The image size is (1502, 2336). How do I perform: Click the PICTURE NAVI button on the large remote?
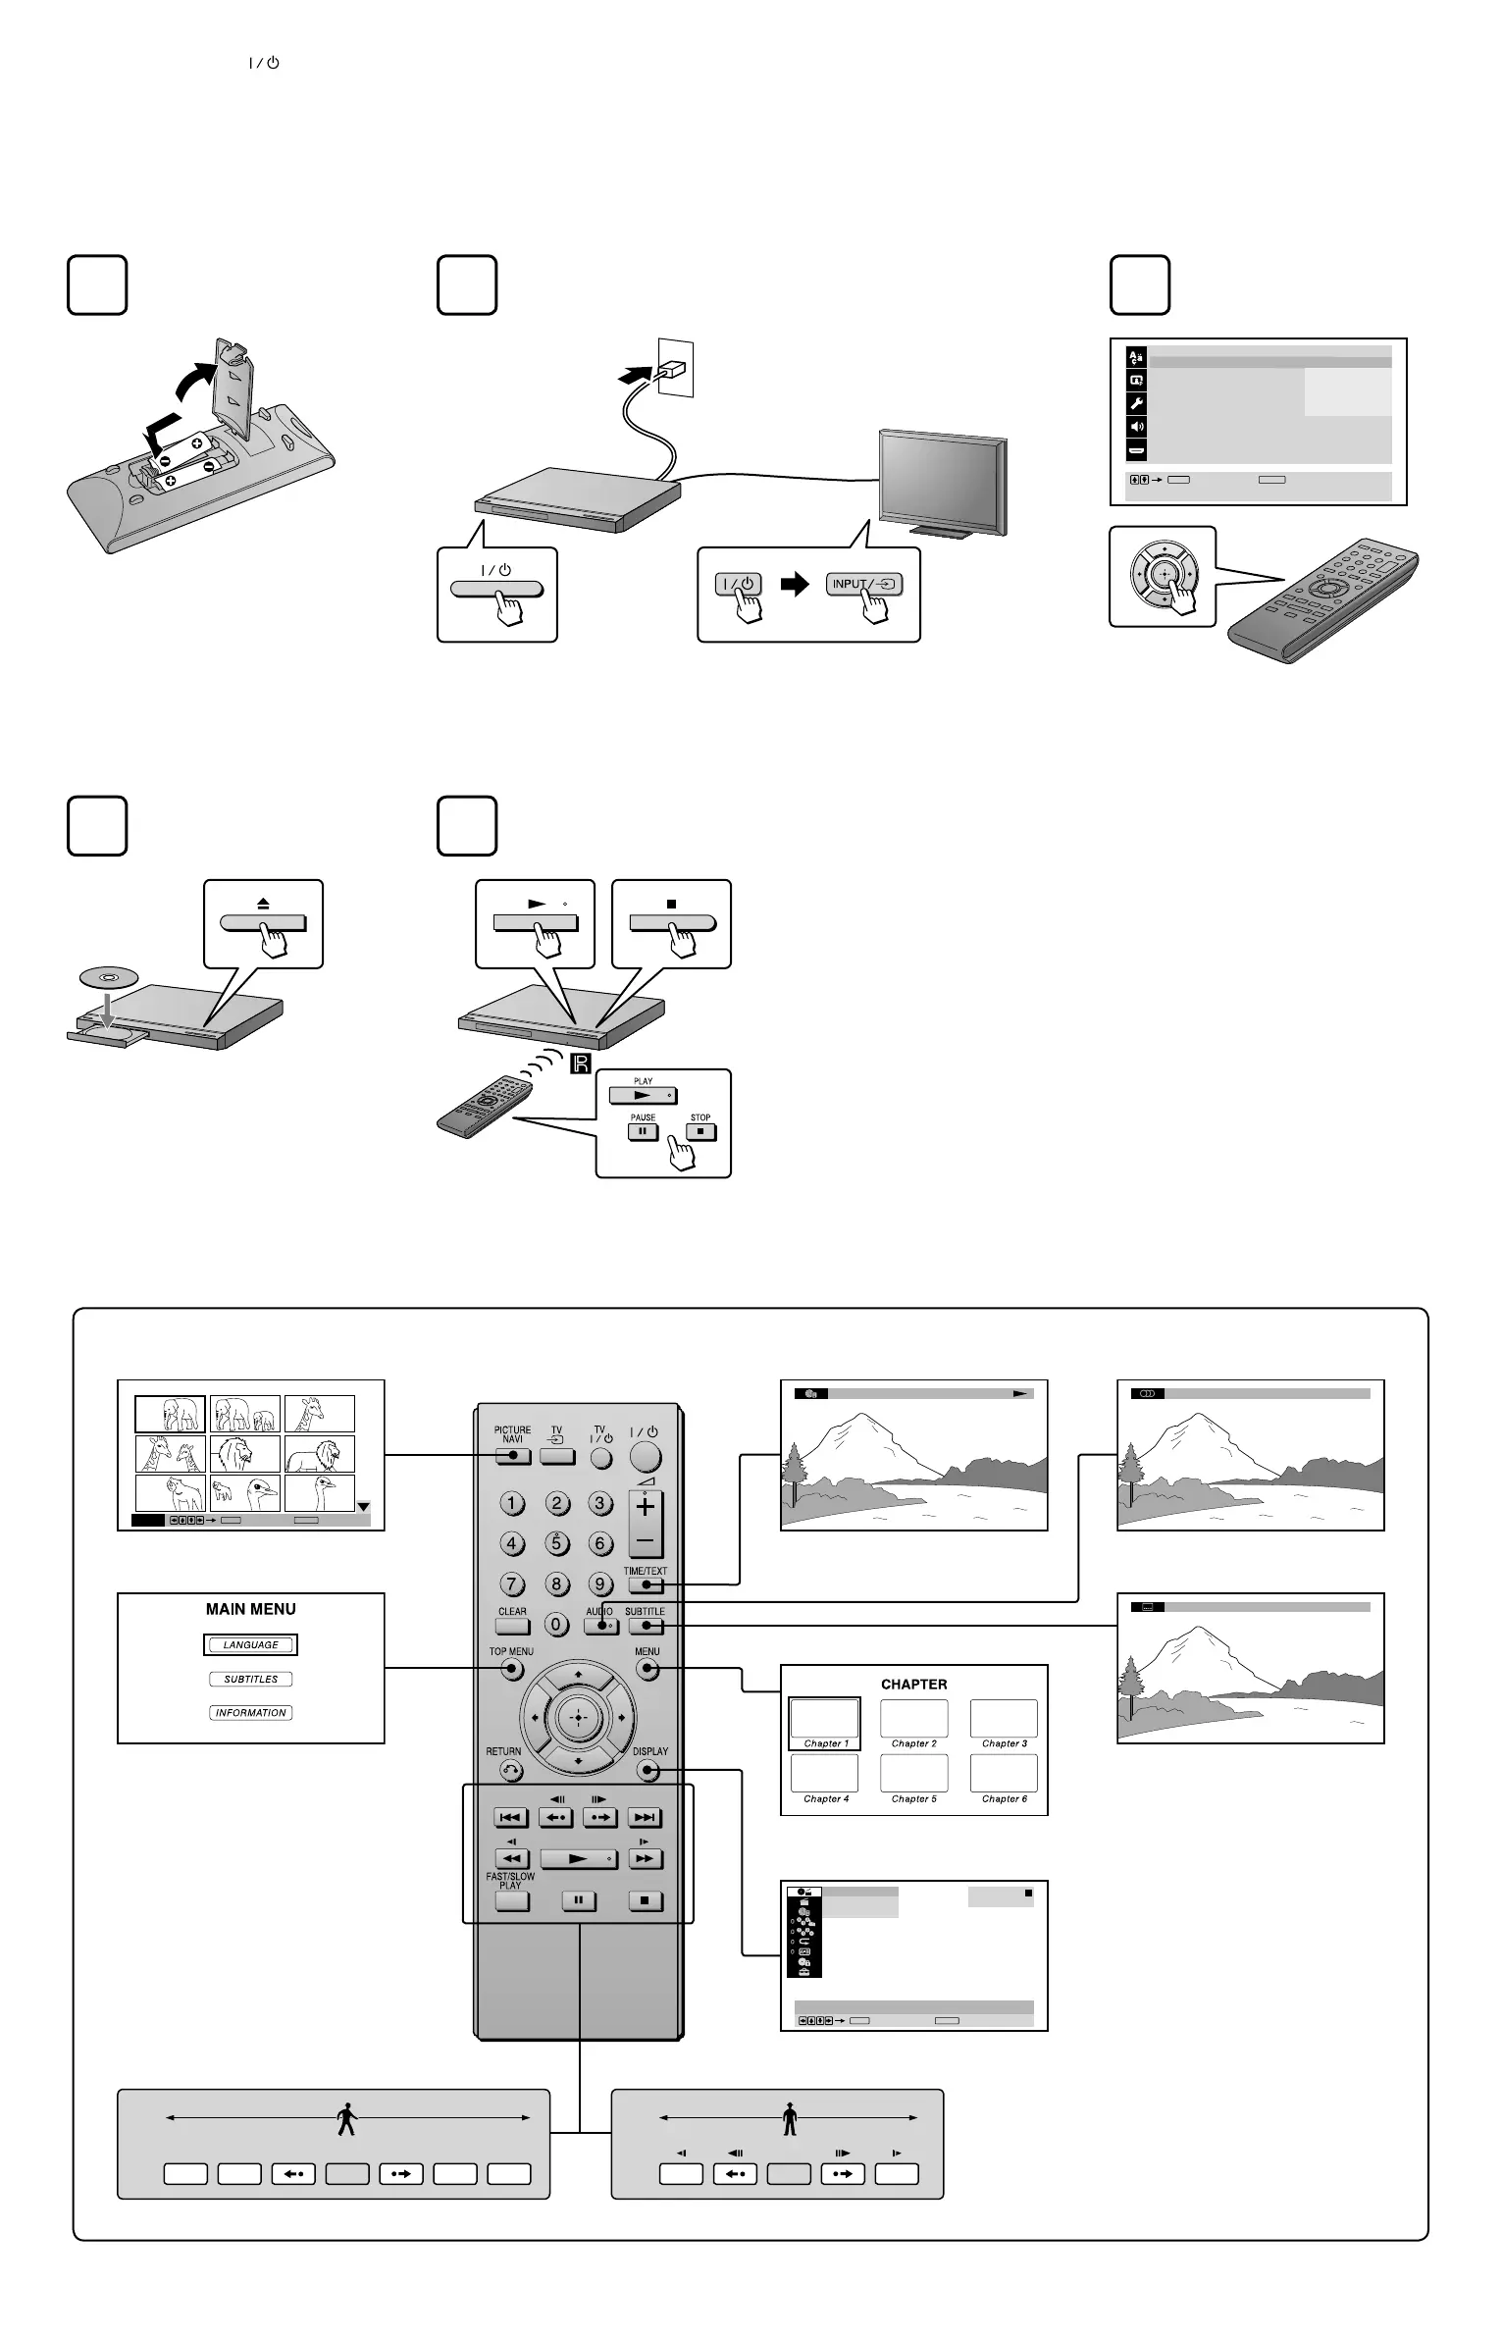pyautogui.click(x=512, y=1456)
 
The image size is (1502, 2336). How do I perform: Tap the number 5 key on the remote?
pyautogui.click(x=557, y=1543)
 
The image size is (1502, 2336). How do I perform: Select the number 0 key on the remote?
pyautogui.click(x=557, y=1625)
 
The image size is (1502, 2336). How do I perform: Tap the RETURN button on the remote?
pyautogui.click(x=511, y=1770)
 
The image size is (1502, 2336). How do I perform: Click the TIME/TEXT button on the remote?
pyautogui.click(x=645, y=1584)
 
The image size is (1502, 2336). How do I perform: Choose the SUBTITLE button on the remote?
pyautogui.click(x=645, y=1626)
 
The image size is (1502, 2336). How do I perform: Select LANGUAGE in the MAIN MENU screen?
pyautogui.click(x=251, y=1645)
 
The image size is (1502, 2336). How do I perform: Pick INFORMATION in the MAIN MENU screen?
pyautogui.click(x=251, y=1713)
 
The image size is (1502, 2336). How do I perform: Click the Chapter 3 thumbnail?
pyautogui.click(x=1004, y=1720)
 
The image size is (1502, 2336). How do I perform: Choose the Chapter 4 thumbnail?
pyautogui.click(x=825, y=1773)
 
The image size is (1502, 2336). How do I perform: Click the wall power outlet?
pyautogui.click(x=675, y=368)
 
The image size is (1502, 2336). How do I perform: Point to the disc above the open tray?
pyautogui.click(x=108, y=977)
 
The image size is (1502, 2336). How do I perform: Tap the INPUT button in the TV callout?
pyautogui.click(x=863, y=585)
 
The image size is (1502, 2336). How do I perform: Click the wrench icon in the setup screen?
pyautogui.click(x=1137, y=404)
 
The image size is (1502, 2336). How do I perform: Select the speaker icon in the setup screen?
pyautogui.click(x=1137, y=428)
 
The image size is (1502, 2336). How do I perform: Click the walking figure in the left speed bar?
pyautogui.click(x=347, y=2120)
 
